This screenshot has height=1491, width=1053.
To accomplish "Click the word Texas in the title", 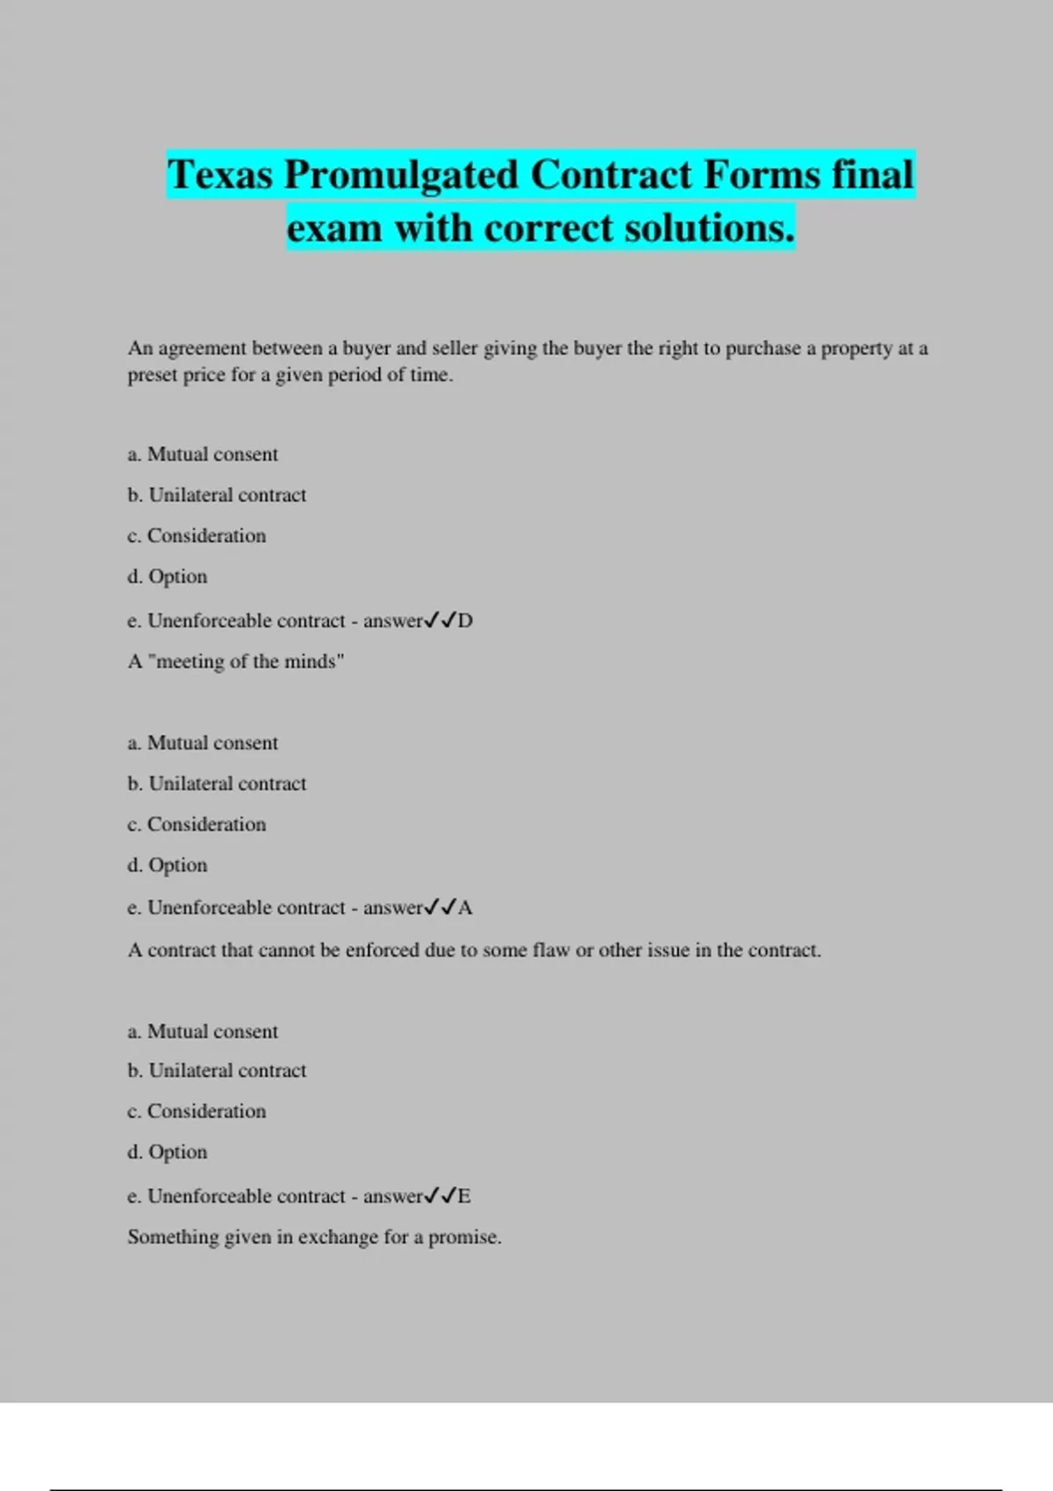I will pyautogui.click(x=220, y=175).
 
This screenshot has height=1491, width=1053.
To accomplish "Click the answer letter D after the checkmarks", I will pyautogui.click(x=465, y=621).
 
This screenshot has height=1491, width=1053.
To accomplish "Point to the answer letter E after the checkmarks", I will pyautogui.click(x=464, y=1196).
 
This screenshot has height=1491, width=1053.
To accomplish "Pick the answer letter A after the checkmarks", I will pyautogui.click(x=465, y=908).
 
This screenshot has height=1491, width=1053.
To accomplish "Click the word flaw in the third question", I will pyautogui.click(x=550, y=951).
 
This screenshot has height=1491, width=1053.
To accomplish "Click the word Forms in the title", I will pyautogui.click(x=761, y=175).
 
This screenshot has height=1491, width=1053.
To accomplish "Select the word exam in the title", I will pyautogui.click(x=334, y=228).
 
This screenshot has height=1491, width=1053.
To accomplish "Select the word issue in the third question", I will pyautogui.click(x=668, y=951).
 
